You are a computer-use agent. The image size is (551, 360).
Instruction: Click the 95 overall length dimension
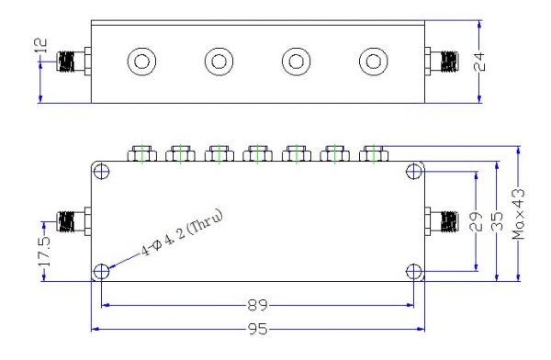pyautogui.click(x=258, y=330)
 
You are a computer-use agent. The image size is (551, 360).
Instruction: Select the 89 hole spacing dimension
pyautogui.click(x=257, y=305)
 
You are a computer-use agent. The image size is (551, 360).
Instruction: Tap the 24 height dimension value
pyautogui.click(x=479, y=62)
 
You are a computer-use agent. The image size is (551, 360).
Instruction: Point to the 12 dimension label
pyautogui.click(x=40, y=46)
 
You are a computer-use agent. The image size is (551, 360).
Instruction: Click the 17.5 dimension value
pyautogui.click(x=44, y=252)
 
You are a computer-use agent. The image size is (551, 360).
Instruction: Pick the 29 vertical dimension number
pyautogui.click(x=476, y=221)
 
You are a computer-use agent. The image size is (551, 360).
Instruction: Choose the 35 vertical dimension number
pyautogui.click(x=497, y=221)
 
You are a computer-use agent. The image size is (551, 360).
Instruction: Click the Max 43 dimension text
pyautogui.click(x=519, y=215)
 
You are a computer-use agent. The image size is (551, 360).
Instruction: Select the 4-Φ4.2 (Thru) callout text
pyautogui.click(x=182, y=233)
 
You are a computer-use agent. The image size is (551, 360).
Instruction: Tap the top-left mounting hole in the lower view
pyautogui.click(x=102, y=172)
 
